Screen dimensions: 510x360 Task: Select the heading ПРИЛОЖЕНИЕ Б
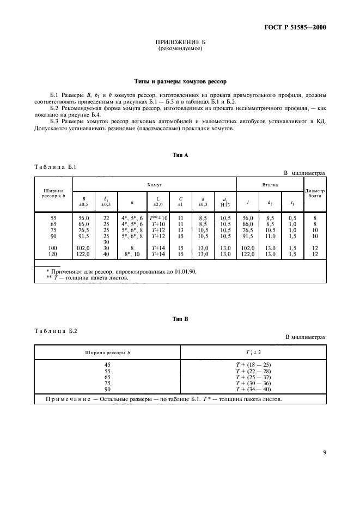pyautogui.click(x=180, y=42)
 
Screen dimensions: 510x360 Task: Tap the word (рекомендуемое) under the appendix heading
pyautogui.click(x=180, y=48)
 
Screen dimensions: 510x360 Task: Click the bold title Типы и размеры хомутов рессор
pyautogui.click(x=180, y=82)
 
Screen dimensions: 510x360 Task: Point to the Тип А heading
pyautogui.click(x=180, y=155)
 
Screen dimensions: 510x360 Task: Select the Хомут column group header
pyautogui.click(x=155, y=185)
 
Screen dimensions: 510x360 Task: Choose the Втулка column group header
pyautogui.click(x=270, y=185)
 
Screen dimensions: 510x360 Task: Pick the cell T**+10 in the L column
pyautogui.click(x=158, y=217)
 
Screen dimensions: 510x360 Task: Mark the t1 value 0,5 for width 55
pyautogui.click(x=293, y=217)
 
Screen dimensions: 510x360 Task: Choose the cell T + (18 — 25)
pyautogui.click(x=253, y=365)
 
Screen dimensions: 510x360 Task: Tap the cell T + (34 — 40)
pyautogui.click(x=253, y=389)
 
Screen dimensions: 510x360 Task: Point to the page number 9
pyautogui.click(x=324, y=451)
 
